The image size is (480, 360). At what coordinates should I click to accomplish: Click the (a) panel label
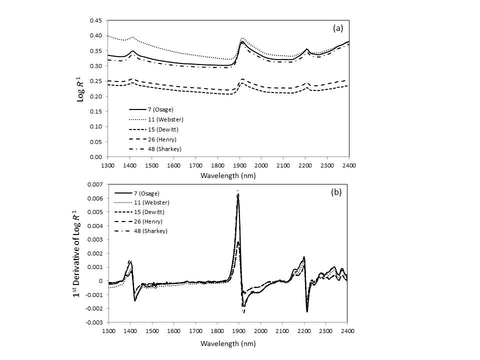338,28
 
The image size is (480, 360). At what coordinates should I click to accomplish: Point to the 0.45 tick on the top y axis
95,20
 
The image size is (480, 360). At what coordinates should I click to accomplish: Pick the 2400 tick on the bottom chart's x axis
348,330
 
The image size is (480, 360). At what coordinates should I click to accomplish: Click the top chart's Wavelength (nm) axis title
228,175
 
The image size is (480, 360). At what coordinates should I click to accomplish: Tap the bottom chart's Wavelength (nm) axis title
228,343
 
